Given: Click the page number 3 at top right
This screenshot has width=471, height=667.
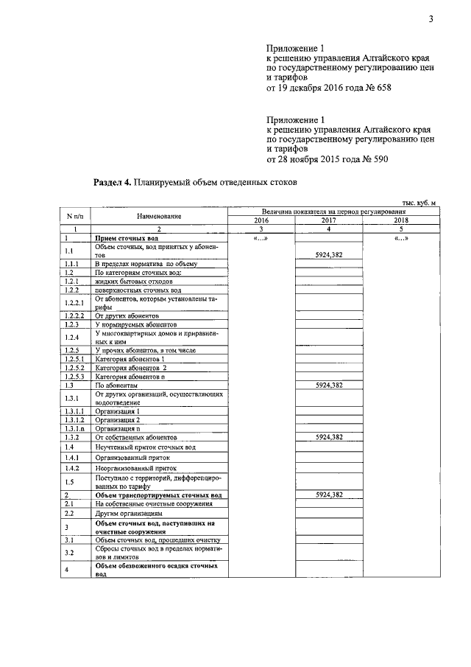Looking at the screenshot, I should (x=431, y=20).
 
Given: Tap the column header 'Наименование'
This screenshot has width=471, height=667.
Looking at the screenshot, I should (x=159, y=216).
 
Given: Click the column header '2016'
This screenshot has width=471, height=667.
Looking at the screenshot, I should (x=261, y=220).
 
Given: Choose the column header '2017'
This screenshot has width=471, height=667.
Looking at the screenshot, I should (x=329, y=220).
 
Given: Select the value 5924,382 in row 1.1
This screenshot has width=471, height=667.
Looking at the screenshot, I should (x=329, y=255).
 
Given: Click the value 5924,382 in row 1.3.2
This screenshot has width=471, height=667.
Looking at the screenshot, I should (x=329, y=437).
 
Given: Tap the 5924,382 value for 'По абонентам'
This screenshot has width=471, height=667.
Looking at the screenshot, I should (x=329, y=385).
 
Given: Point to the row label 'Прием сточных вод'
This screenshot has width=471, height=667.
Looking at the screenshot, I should (x=127, y=240).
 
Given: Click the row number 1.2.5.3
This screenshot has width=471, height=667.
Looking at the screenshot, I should (x=75, y=376).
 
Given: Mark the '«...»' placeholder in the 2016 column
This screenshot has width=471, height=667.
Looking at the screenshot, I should (x=261, y=239).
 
